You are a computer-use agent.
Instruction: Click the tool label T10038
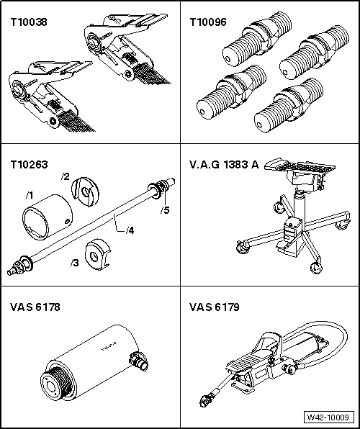(x=27, y=21)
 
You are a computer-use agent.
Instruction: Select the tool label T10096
(x=207, y=21)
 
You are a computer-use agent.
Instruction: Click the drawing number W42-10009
(x=330, y=416)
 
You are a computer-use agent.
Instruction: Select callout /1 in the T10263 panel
(x=28, y=194)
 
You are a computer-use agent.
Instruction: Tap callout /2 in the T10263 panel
(x=65, y=177)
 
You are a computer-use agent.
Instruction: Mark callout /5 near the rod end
(x=165, y=210)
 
